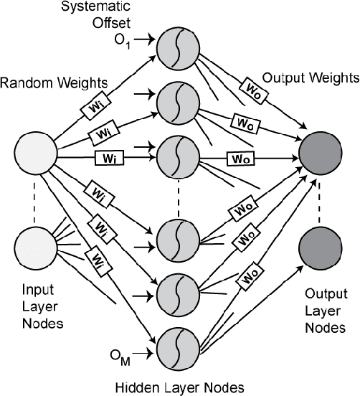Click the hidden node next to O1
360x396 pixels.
(181, 50)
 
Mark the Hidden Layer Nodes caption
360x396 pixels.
(180, 386)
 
